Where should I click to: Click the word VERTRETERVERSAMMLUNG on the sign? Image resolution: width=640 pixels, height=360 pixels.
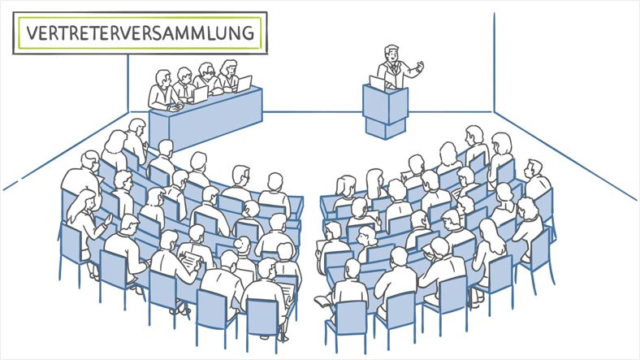pyautogui.click(x=141, y=33)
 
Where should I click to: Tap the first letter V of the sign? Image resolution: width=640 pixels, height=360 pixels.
pyautogui.click(x=32, y=33)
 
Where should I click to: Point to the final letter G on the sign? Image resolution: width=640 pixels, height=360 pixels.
pyautogui.click(x=249, y=33)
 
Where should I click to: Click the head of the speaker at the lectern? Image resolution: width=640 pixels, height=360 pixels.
pyautogui.click(x=392, y=54)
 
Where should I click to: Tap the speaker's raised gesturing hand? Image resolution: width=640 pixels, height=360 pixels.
pyautogui.click(x=419, y=66)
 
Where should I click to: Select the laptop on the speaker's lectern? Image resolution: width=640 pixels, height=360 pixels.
pyautogui.click(x=378, y=83)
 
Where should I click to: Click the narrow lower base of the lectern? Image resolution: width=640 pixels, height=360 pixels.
pyautogui.click(x=386, y=126)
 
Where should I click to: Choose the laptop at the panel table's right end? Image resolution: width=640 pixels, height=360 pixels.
pyautogui.click(x=244, y=84)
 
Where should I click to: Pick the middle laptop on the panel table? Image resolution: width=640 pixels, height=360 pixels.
pyautogui.click(x=200, y=95)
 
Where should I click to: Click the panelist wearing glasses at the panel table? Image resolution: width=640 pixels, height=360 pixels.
pyautogui.click(x=206, y=78)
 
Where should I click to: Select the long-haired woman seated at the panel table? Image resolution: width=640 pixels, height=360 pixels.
pyautogui.click(x=228, y=75)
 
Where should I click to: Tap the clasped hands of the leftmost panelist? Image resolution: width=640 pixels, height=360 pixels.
pyautogui.click(x=175, y=108)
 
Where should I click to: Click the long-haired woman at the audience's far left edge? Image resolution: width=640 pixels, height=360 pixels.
pyautogui.click(x=84, y=220)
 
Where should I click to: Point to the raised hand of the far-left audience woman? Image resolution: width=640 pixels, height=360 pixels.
pyautogui.click(x=108, y=219)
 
